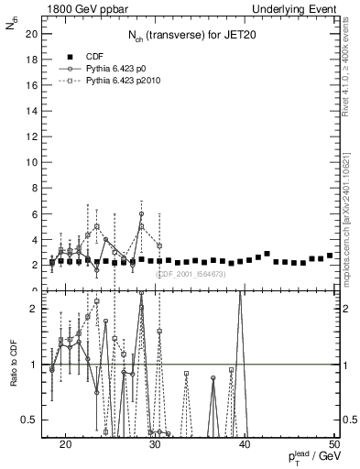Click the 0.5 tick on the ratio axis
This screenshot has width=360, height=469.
(x=29, y=420)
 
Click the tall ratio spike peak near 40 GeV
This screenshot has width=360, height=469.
(x=240, y=294)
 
